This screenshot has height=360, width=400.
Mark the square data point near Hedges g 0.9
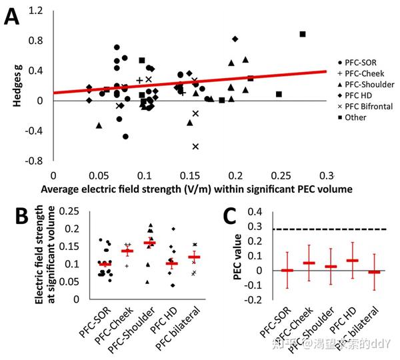(x=303, y=34)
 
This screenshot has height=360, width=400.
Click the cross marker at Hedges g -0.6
(x=196, y=146)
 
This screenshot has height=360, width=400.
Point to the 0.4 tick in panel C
(x=256, y=212)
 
